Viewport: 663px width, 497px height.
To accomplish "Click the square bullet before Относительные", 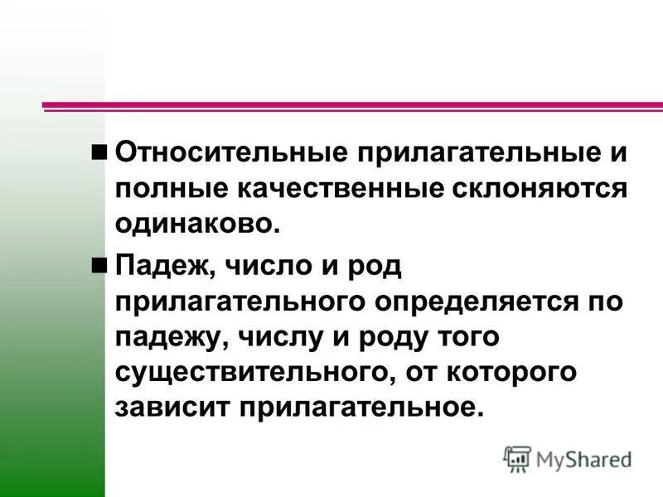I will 100,152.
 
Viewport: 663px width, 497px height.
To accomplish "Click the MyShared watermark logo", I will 567,458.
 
